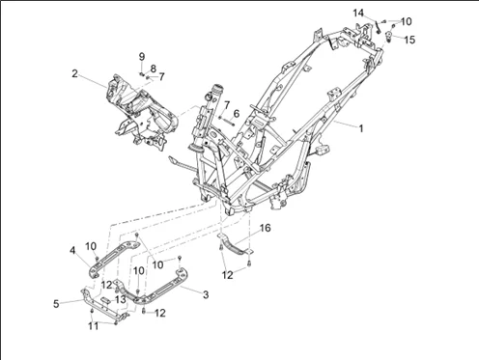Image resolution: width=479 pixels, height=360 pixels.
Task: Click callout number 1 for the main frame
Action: coord(361,128)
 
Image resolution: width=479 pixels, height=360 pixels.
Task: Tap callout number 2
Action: coord(74,73)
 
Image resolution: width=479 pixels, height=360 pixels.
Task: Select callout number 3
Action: coord(206,294)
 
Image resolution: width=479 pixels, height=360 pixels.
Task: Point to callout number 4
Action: coord(72,250)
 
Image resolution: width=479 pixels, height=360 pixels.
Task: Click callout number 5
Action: coord(56,304)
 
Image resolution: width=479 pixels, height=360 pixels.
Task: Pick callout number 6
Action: coord(237,114)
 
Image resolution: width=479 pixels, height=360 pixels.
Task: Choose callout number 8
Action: coord(154,69)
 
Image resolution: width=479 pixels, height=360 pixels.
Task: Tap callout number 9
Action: coord(142,57)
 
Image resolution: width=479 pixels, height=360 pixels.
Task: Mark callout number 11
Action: coord(94,326)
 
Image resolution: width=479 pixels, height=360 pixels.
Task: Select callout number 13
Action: coord(121,299)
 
